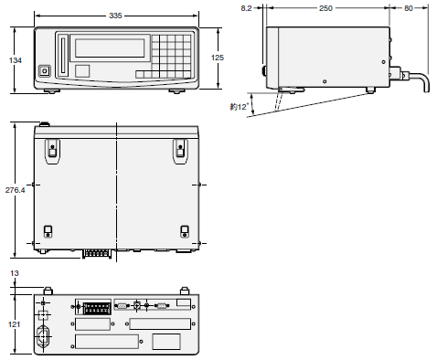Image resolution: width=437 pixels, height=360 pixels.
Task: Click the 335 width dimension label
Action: [115, 16]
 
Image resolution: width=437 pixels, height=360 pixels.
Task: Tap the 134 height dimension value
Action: [16, 60]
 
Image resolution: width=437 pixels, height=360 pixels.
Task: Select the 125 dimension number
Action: [218, 58]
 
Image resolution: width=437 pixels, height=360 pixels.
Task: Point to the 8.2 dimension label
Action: [246, 8]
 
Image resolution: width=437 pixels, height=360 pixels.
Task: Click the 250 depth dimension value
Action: [325, 8]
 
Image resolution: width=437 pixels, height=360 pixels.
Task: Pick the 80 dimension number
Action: [409, 8]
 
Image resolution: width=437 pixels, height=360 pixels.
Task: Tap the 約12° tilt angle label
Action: [240, 107]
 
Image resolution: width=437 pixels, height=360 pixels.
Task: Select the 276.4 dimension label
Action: [15, 190]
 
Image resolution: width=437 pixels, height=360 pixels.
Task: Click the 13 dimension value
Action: [15, 273]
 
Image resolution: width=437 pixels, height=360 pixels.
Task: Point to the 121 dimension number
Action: [14, 324]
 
